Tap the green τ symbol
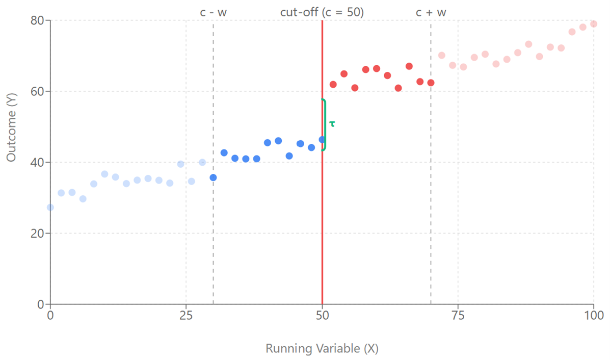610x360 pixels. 332,124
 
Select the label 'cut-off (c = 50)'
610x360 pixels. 322,12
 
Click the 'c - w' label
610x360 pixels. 213,12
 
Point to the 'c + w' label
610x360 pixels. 431,12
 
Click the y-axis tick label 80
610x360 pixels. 37,21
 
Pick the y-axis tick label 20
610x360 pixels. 37,234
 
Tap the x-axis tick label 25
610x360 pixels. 186,315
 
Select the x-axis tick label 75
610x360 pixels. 458,315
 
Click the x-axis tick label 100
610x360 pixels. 593,315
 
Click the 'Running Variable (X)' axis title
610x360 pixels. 322,349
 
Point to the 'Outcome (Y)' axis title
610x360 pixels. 11,127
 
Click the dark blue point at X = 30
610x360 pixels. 213,177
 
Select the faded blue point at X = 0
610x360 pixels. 50,208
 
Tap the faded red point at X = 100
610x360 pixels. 594,24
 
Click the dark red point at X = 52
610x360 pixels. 333,85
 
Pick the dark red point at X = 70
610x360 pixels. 431,83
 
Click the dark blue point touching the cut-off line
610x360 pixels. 322,140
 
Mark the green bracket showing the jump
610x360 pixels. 324,124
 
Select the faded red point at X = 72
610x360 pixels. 442,55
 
